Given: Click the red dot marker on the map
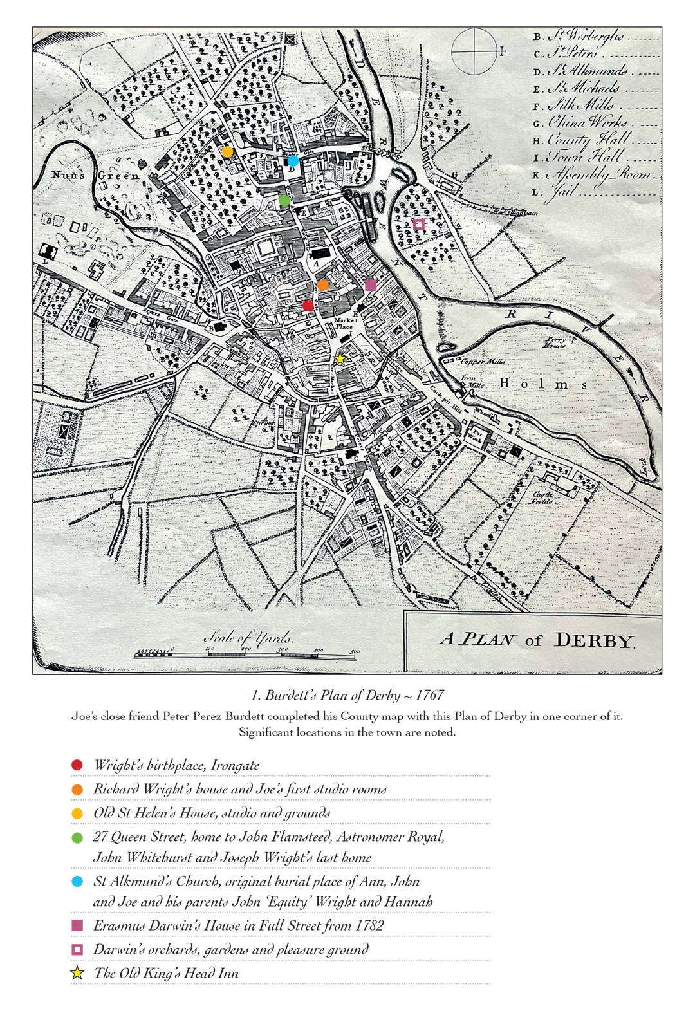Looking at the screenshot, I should click(x=308, y=305).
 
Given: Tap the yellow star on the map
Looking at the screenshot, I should click(x=340, y=359).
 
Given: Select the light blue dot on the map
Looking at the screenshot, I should click(x=293, y=160).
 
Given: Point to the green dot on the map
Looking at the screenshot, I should click(x=285, y=200).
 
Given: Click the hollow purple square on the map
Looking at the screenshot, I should click(x=418, y=225).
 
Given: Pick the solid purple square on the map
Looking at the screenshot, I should click(x=370, y=285).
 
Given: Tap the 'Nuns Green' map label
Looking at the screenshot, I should click(x=95, y=175).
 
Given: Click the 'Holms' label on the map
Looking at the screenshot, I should click(x=544, y=384).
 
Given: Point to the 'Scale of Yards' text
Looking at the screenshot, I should click(x=248, y=638).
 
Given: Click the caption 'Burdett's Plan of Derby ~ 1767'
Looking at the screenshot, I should click(x=347, y=696).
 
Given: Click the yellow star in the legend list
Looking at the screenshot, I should click(x=77, y=973).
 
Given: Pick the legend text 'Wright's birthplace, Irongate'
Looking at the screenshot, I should click(x=176, y=765).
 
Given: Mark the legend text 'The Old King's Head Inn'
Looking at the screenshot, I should click(x=166, y=973).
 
